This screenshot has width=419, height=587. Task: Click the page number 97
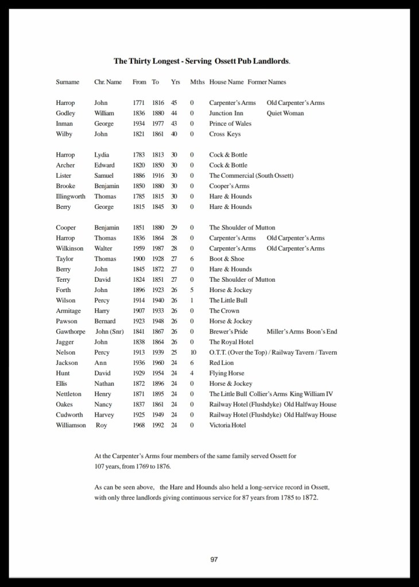coord(214,559)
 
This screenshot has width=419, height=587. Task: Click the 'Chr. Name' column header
coord(108,82)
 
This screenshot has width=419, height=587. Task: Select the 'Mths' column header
coord(197,82)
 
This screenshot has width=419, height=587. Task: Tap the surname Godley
coord(65,113)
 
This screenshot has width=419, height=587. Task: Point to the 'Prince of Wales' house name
coord(230,123)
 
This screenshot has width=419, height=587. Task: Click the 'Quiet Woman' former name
coord(285,113)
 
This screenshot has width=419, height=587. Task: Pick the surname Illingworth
coord(71,196)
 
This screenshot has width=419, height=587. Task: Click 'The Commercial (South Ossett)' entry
coord(251,176)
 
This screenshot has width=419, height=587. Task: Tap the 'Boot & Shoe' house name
coord(226,259)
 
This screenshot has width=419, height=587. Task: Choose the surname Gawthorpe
coord(71,332)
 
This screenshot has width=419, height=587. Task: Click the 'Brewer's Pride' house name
coord(228,332)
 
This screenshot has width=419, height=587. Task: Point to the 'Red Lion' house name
coord(222,363)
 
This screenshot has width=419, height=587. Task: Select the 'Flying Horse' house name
coord(226,373)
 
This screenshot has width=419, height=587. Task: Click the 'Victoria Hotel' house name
coord(227,425)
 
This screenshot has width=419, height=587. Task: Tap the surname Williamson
coord(71,425)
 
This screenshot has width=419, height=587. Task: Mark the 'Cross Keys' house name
coord(224,134)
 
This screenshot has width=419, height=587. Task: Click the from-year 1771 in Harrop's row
coord(138,103)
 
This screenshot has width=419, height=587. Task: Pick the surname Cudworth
coord(69,415)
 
